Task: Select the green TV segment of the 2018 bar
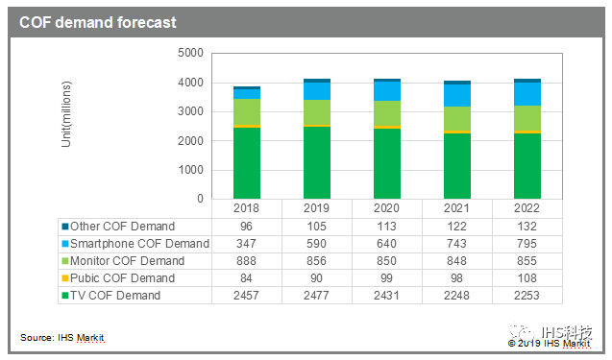click(248, 163)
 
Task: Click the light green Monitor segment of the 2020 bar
click(386, 113)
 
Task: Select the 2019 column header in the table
click(317, 208)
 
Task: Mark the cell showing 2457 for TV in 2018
click(248, 295)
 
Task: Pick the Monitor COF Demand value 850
click(386, 260)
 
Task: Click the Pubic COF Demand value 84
click(248, 277)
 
